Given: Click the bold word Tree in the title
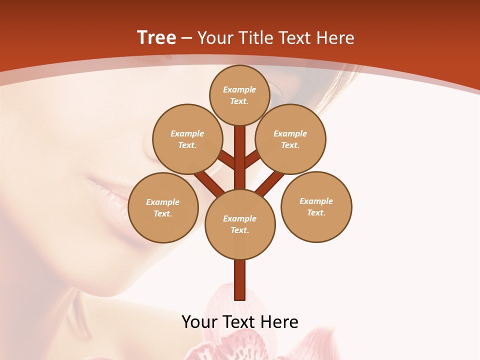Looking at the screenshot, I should pyautogui.click(x=156, y=38).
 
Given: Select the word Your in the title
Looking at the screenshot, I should pyautogui.click(x=214, y=38).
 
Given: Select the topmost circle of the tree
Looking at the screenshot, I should pyautogui.click(x=239, y=95).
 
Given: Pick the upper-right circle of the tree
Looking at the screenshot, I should pyautogui.click(x=290, y=139).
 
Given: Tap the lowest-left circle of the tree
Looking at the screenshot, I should pyautogui.click(x=163, y=207).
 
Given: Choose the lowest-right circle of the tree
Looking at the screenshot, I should pyautogui.click(x=316, y=206).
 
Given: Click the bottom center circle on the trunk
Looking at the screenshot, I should pyautogui.click(x=240, y=224).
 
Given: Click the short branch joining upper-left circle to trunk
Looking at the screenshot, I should pyautogui.click(x=227, y=160).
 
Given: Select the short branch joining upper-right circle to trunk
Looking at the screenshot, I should pyautogui.click(x=251, y=159).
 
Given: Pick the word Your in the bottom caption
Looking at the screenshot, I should pyautogui.click(x=199, y=321).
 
